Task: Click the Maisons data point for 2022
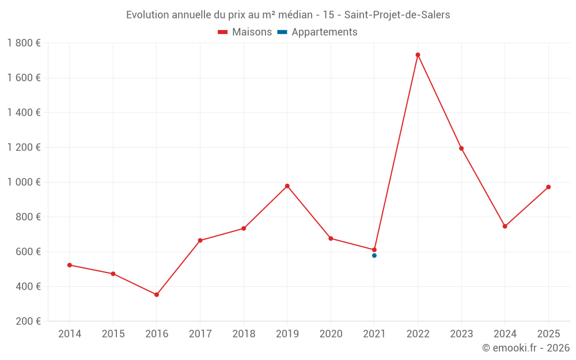[x=418, y=55]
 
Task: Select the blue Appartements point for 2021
[x=374, y=255]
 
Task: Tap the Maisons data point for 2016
[x=157, y=294]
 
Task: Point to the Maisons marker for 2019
[x=287, y=186]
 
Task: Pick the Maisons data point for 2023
[x=461, y=148]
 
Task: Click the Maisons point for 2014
[x=70, y=265]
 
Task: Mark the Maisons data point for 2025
[x=548, y=187]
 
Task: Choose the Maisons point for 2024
[x=505, y=226]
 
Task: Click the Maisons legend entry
[x=245, y=32]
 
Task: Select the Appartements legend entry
[x=317, y=32]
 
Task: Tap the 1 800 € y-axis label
[x=24, y=43]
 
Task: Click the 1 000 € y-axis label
[x=24, y=182]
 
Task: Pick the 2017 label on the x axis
[x=200, y=334]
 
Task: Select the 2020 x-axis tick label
[x=331, y=334]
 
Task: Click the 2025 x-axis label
[x=548, y=334]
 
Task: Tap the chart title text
[x=288, y=15]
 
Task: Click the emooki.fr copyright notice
[x=526, y=348]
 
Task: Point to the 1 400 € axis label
[x=24, y=112]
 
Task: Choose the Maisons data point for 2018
[x=244, y=229]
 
